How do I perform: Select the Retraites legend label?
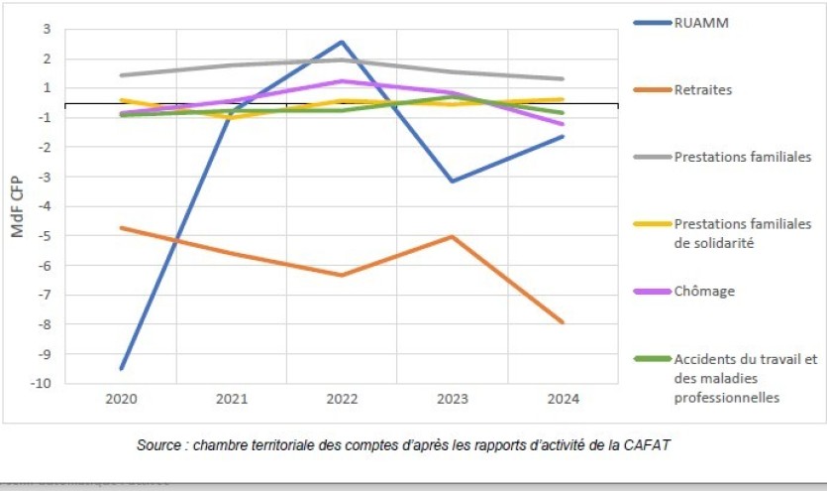pyautogui.click(x=703, y=89)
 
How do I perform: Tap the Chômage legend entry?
pyautogui.click(x=705, y=292)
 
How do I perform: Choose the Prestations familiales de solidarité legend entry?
pyautogui.click(x=742, y=233)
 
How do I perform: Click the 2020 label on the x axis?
pyautogui.click(x=122, y=398)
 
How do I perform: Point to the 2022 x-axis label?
pyautogui.click(x=342, y=398)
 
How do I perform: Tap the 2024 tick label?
pyautogui.click(x=562, y=398)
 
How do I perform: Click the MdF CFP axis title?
pyautogui.click(x=18, y=205)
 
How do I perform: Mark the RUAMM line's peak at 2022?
pyautogui.click(x=342, y=42)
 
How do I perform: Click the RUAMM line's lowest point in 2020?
pyautogui.click(x=122, y=368)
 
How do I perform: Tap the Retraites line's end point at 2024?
pyautogui.click(x=562, y=322)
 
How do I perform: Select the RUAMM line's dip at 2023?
pyautogui.click(x=452, y=181)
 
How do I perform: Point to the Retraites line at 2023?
pyautogui.click(x=452, y=236)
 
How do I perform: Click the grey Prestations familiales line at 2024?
pyautogui.click(x=562, y=78)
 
